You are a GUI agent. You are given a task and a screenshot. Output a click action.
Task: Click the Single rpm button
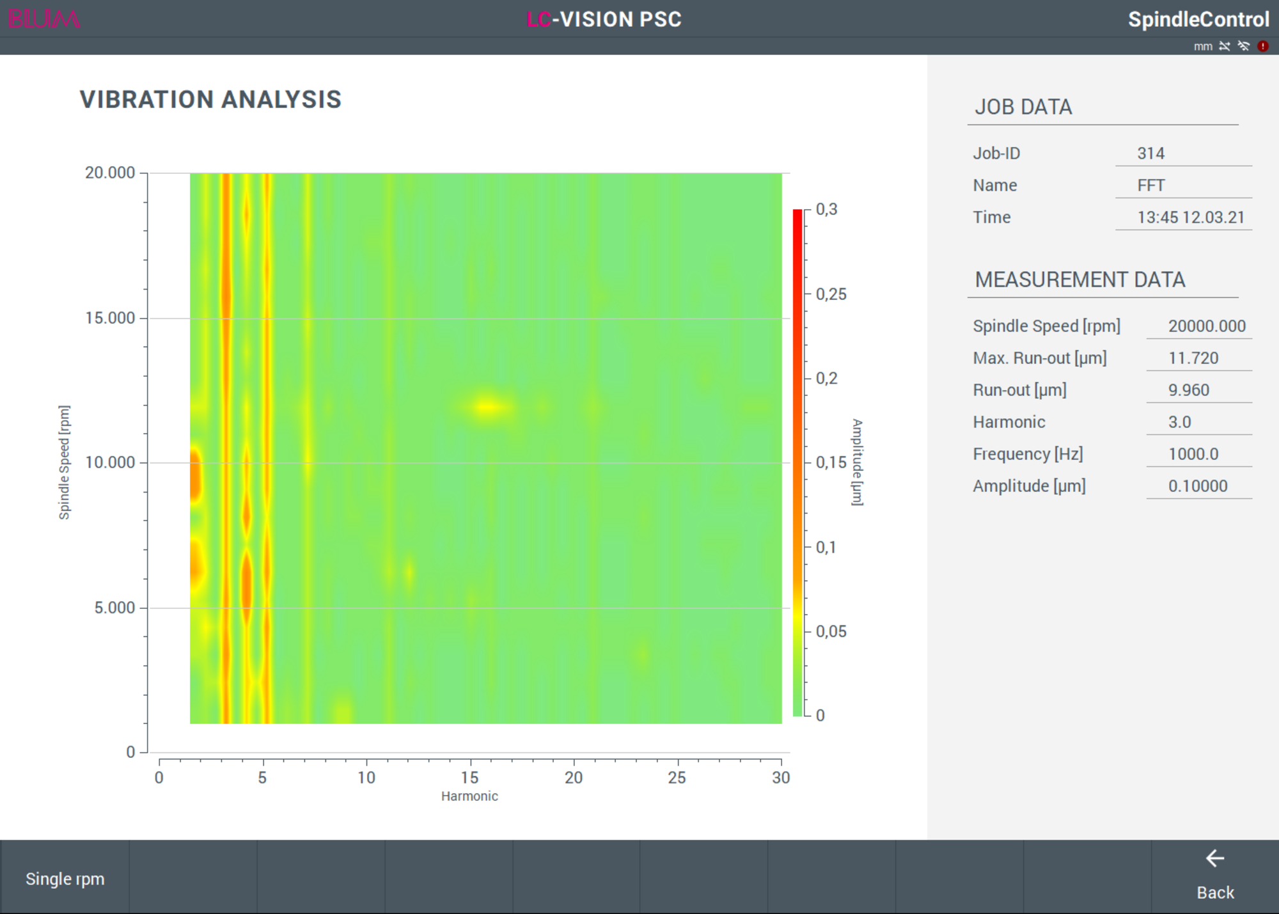(x=65, y=878)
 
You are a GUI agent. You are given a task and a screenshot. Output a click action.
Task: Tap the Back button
(x=1215, y=877)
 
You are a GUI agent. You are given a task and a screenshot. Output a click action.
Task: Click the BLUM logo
(x=44, y=19)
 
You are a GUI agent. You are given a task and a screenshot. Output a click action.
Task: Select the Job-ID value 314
(x=1150, y=154)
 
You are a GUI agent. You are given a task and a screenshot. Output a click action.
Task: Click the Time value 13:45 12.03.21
(x=1191, y=217)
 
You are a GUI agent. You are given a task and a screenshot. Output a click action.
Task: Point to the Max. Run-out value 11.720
(x=1193, y=358)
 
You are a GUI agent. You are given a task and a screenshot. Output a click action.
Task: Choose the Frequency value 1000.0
(x=1193, y=454)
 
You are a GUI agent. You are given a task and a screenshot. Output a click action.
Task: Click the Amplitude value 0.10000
(x=1198, y=486)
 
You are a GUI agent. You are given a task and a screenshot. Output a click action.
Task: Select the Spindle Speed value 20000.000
(x=1207, y=326)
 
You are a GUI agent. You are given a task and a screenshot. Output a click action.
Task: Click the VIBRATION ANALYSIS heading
(x=210, y=100)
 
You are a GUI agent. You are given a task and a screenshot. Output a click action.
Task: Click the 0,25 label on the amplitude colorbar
(x=831, y=294)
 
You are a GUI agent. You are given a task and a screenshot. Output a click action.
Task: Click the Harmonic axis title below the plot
(x=469, y=796)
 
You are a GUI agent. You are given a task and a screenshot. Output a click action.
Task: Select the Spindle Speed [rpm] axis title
(x=64, y=462)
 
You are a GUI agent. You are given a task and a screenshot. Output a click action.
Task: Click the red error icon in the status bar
(x=1263, y=46)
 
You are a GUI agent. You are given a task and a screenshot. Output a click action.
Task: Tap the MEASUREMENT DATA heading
(x=1080, y=280)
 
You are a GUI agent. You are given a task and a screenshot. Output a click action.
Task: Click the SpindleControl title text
(x=1198, y=20)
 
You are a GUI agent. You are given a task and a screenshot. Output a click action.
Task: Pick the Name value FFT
(x=1151, y=185)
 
